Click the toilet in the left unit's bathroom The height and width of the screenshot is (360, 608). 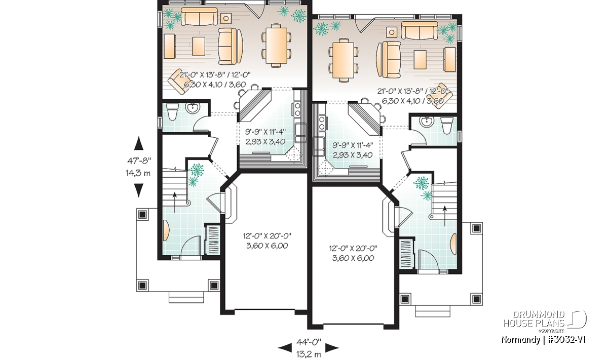coord(172,112)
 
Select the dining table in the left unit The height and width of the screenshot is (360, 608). coord(276,45)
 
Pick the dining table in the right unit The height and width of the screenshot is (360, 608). coord(343,60)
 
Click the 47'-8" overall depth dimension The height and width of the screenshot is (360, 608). coord(139,161)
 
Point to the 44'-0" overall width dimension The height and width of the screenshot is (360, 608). coord(309,342)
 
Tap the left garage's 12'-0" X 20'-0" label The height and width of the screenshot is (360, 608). coord(267,236)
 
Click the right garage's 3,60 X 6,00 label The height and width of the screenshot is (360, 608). coord(353,258)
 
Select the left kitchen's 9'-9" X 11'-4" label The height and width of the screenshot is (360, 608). coord(265,132)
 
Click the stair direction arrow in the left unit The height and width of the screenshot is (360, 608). coord(174,203)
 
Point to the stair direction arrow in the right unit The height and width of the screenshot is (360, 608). coord(445,216)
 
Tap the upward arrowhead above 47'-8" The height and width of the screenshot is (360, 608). coord(139,143)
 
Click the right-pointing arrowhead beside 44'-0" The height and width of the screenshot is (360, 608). coord(332,347)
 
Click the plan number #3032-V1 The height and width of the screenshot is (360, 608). coord(562,339)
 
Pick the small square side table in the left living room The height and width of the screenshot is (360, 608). coord(226,19)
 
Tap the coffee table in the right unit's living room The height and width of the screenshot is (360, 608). coord(420,59)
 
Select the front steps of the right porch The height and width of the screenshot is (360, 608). coord(433,311)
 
